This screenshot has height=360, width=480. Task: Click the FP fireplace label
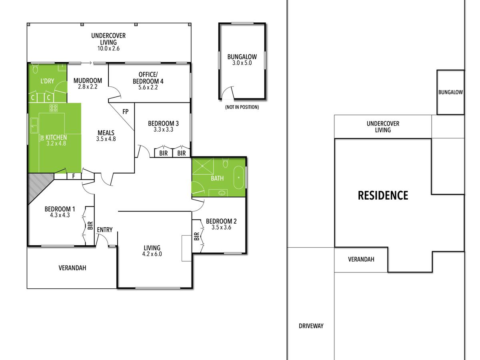pyautogui.click(x=125, y=112)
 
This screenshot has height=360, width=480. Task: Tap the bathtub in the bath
pyautogui.click(x=238, y=178)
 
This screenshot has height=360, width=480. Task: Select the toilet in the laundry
pyautogui.click(x=35, y=68)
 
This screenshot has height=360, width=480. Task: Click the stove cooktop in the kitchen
pyautogui.click(x=54, y=108)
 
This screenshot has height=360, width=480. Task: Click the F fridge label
pyautogui.click(x=74, y=176)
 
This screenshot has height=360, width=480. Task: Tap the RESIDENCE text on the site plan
pyautogui.click(x=383, y=196)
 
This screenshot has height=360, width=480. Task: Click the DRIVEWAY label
pyautogui.click(x=311, y=326)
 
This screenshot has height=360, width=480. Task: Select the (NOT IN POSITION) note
pyautogui.click(x=242, y=107)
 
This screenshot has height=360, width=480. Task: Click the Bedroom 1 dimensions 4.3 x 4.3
pyautogui.click(x=60, y=215)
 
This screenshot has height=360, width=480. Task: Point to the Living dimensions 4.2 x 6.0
pyautogui.click(x=152, y=254)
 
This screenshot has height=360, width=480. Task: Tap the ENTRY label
pyautogui.click(x=105, y=230)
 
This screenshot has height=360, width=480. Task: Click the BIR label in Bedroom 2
pyautogui.click(x=196, y=236)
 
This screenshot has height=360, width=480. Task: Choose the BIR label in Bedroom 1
pyautogui.click(x=90, y=226)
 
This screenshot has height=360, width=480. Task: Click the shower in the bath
pyautogui.click(x=203, y=166)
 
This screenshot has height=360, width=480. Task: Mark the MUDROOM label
pyautogui.click(x=88, y=81)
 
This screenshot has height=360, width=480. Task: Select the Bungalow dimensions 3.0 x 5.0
pyautogui.click(x=242, y=63)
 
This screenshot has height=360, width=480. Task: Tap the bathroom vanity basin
pyautogui.click(x=222, y=193)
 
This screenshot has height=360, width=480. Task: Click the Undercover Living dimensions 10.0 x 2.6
pyautogui.click(x=108, y=48)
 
